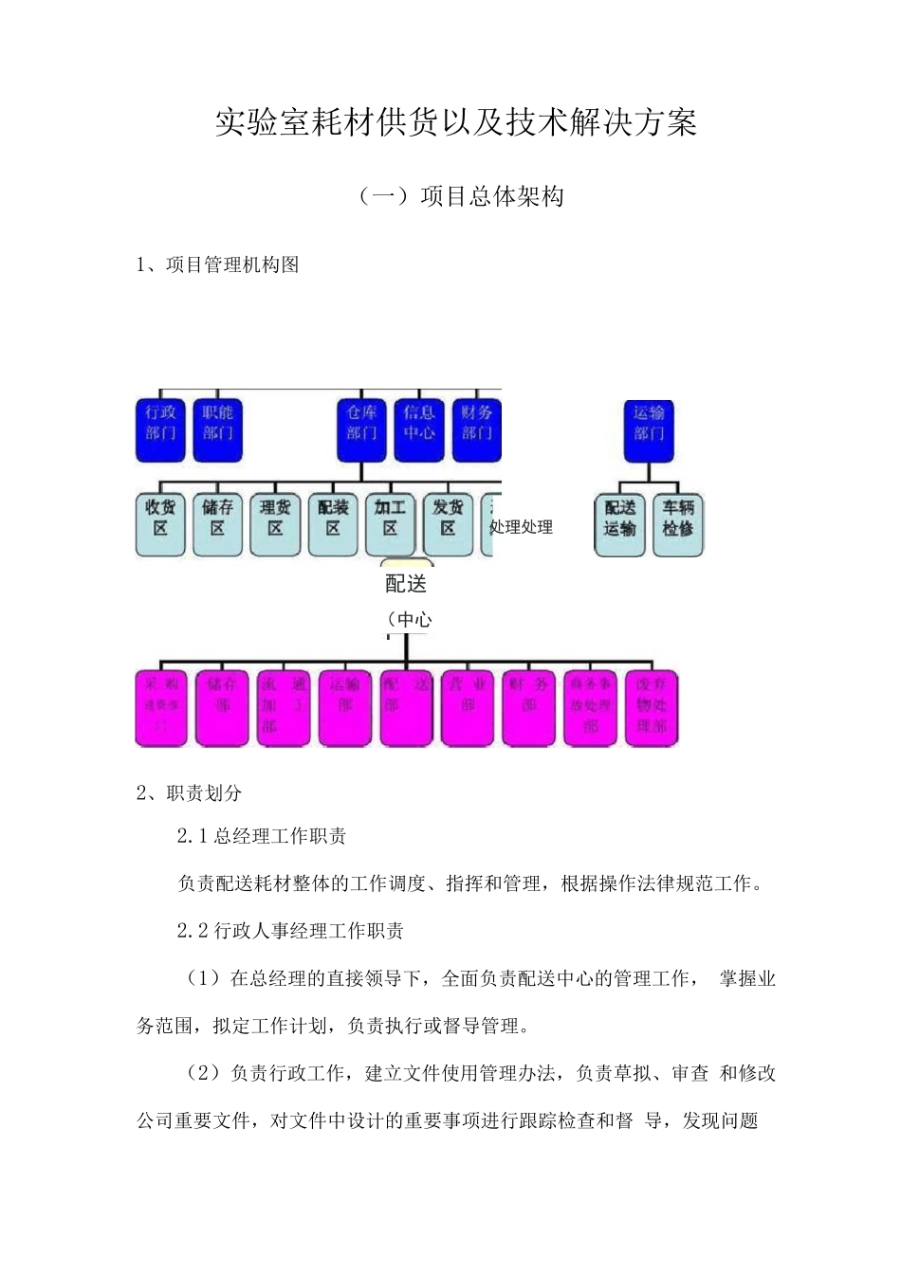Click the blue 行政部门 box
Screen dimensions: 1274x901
160,429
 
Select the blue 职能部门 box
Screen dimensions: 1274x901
218,429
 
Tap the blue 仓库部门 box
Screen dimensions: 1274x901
361,429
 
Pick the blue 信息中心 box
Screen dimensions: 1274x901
418,429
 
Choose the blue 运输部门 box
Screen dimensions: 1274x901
650,429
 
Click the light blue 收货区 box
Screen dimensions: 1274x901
160,523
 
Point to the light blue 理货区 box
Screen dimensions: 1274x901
275,523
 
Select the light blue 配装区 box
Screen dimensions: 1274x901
333,523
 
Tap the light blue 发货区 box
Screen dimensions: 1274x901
448,523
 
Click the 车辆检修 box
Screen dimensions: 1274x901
678,523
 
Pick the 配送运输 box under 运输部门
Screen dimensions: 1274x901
620,523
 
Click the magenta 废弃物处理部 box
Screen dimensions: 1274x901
652,708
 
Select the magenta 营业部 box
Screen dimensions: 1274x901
468,708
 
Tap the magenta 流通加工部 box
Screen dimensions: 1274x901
284,708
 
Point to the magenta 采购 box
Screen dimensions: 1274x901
161,708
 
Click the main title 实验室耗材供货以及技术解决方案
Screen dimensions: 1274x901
455,123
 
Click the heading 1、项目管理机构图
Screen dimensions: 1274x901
219,265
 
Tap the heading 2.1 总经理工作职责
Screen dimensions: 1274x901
262,836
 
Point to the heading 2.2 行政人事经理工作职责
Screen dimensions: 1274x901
290,931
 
